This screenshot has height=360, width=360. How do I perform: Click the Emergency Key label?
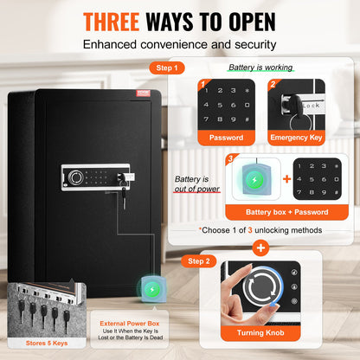[x=294, y=137]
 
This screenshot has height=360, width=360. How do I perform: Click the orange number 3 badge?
[x=230, y=159]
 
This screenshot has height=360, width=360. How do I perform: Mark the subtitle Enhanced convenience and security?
[x=179, y=44]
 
